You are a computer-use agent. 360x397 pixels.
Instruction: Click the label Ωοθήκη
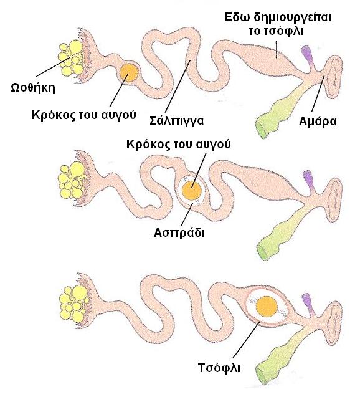coord(33,88)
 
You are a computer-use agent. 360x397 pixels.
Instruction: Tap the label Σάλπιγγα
coord(176,120)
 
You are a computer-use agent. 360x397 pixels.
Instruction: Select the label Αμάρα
coord(318,122)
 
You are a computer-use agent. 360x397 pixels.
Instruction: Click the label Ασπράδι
coord(179,232)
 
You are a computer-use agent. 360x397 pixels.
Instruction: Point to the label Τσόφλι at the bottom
coord(219,368)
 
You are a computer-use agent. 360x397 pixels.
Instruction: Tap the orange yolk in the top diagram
coord(129,72)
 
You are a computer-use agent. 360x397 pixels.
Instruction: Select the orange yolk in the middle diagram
coord(192,190)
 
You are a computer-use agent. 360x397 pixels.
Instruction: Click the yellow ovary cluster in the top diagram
coord(72,57)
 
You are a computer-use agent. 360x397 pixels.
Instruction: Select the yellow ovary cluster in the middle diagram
coord(72,180)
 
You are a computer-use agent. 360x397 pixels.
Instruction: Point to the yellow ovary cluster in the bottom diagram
coord(74,304)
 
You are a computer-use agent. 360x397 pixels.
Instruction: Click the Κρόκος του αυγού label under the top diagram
coord(83,115)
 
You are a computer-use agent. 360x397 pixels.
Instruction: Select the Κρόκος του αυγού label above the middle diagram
coord(179,145)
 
